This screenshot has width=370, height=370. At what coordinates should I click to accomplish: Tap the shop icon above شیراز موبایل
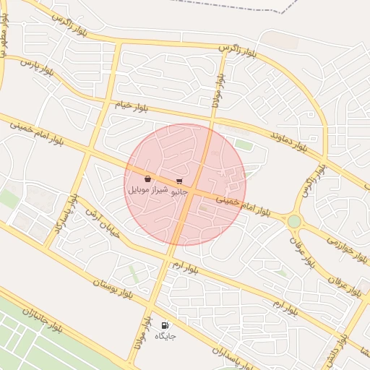[147, 178]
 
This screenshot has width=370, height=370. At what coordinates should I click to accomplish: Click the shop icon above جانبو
[179, 181]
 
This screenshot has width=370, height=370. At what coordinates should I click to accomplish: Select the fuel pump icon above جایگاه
[165, 326]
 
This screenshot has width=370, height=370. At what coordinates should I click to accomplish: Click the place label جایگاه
[165, 336]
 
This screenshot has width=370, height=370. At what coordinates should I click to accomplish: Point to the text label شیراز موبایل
[148, 189]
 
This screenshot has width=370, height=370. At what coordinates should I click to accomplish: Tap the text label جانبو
[178, 192]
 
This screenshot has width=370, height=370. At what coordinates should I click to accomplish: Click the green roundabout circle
[294, 221]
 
